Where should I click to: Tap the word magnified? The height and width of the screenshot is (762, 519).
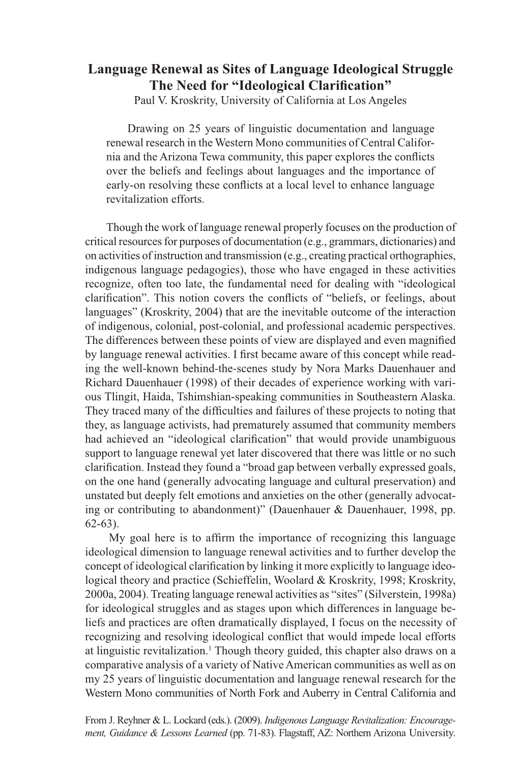tap(437, 340)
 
